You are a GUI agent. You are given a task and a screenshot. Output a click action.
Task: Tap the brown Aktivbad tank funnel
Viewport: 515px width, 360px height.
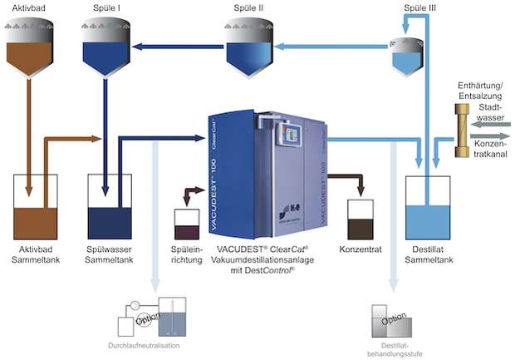coord(31,51)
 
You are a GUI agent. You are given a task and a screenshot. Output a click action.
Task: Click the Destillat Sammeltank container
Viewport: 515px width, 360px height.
coord(427,209)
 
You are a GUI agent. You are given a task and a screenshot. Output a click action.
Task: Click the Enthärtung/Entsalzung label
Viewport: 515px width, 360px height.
coord(477,91)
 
